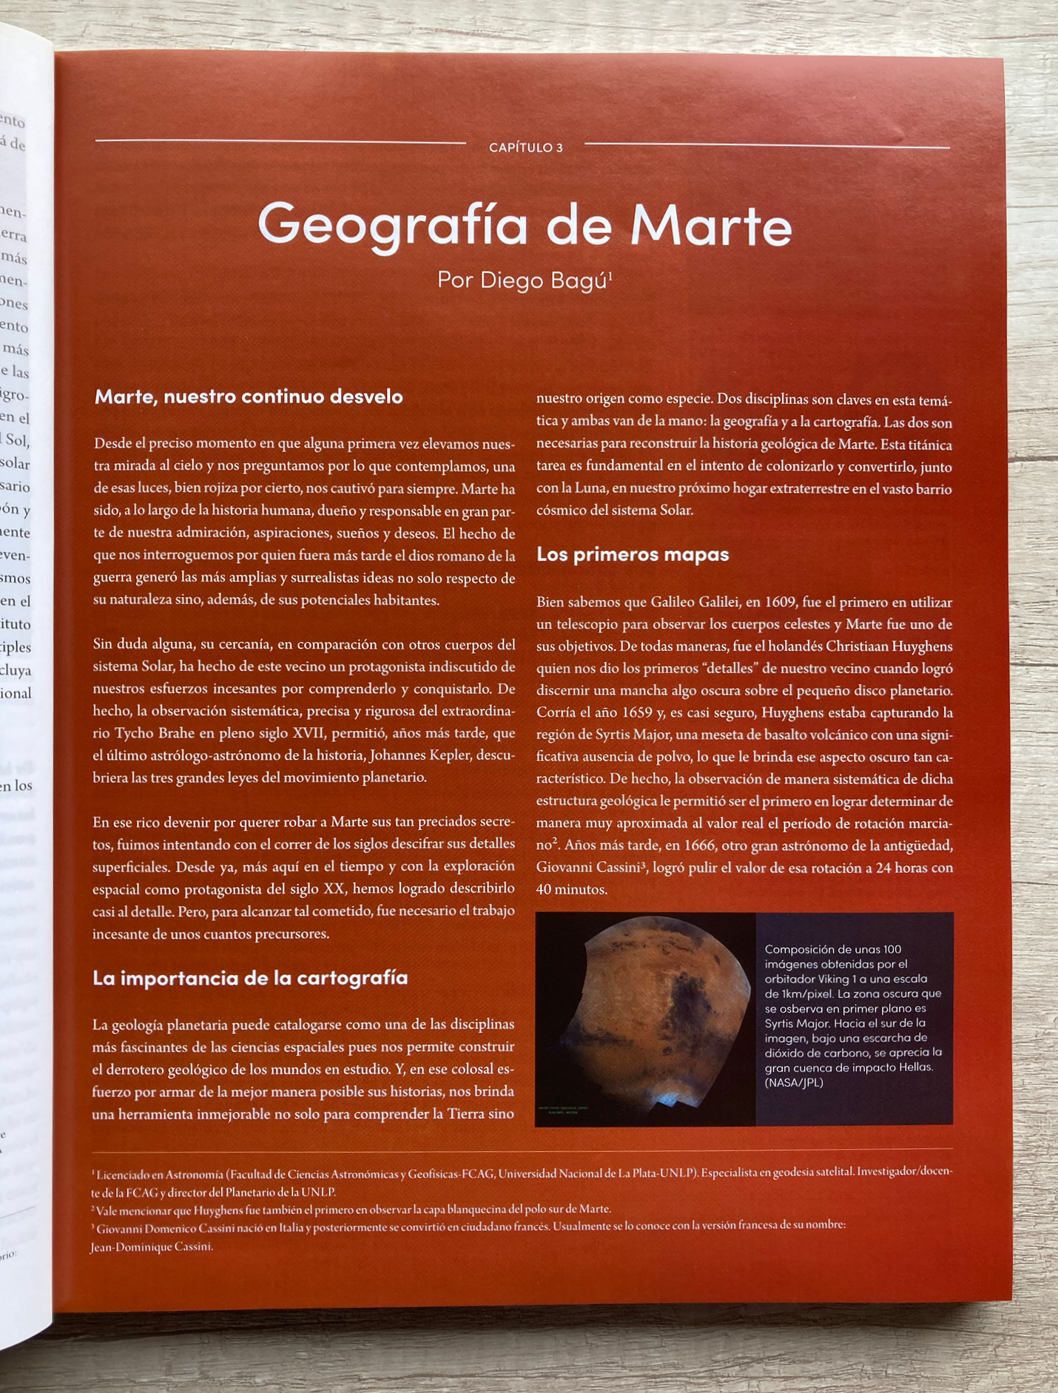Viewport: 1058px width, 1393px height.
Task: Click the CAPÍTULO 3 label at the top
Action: click(x=525, y=148)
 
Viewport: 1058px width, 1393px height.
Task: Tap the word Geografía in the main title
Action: click(x=392, y=225)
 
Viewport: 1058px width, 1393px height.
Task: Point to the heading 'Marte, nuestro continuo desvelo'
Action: click(x=249, y=397)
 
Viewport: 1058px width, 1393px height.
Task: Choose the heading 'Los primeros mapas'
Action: click(x=633, y=555)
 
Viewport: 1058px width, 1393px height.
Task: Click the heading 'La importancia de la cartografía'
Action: click(x=250, y=978)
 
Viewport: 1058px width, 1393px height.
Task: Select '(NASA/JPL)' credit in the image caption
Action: click(x=794, y=1083)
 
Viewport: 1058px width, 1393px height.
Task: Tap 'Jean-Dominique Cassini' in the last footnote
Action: click(x=152, y=1247)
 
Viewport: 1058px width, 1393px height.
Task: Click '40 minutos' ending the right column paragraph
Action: click(x=572, y=890)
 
